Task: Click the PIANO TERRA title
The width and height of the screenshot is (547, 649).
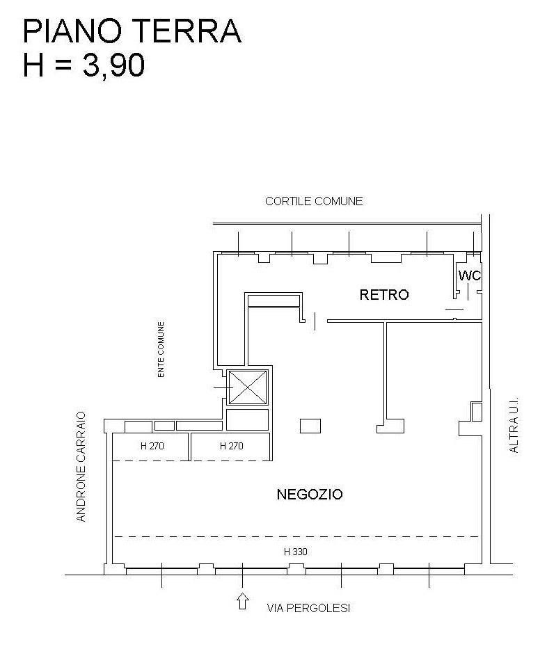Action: point(132,31)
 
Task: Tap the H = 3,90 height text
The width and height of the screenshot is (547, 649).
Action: point(84,65)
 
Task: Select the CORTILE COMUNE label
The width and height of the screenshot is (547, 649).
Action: point(314,201)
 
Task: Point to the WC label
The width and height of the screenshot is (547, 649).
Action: point(470,275)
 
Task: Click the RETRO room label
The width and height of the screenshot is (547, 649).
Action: point(384,295)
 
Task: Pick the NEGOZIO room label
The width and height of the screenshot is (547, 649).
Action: point(310,494)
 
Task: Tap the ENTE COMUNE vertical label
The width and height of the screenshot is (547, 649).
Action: point(161,349)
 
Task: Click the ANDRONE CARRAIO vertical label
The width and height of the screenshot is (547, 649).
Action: point(81,466)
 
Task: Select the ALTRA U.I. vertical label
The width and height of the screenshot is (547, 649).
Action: point(514,425)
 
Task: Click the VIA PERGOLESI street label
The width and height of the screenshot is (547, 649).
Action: point(308,608)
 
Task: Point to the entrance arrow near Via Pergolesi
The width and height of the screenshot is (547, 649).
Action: point(243,602)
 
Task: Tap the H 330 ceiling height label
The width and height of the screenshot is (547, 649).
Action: point(296,552)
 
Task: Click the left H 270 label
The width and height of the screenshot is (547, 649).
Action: point(152,446)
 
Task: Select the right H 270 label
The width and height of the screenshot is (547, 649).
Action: point(232,446)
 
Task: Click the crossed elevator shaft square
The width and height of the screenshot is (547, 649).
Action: point(248,387)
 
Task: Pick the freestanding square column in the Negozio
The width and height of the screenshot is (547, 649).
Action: point(310,426)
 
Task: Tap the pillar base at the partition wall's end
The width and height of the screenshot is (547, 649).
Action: point(390,426)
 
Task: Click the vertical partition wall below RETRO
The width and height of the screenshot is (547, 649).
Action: point(386,371)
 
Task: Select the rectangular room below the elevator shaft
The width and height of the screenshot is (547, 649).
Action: point(247,419)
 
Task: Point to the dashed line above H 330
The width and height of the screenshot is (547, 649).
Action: point(296,536)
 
